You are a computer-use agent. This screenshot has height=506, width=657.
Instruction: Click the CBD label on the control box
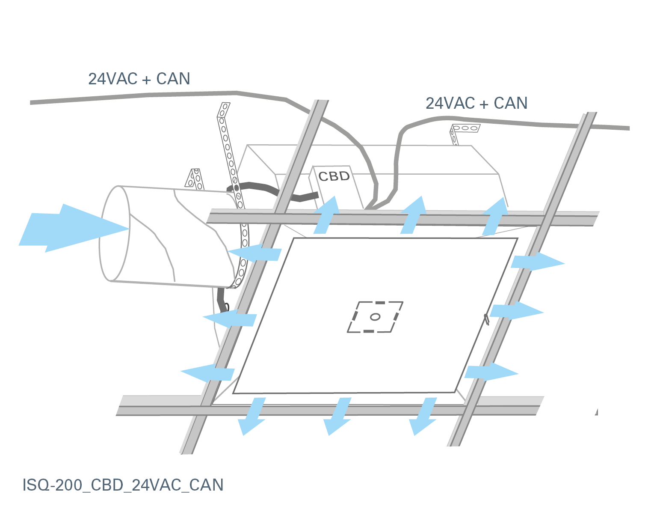tap(334, 176)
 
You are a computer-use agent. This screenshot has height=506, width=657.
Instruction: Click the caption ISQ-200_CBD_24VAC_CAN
tap(123, 485)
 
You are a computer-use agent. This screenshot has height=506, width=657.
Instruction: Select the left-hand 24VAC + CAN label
tap(139, 79)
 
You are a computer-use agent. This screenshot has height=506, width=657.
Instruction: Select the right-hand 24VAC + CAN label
tap(476, 103)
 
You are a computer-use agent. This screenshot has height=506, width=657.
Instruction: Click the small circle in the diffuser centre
tap(375, 317)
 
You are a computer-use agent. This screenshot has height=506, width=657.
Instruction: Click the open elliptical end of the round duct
tap(115, 234)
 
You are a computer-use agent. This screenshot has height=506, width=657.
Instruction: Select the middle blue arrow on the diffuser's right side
tap(515, 310)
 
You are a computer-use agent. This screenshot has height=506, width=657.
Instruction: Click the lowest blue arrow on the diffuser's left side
tap(209, 373)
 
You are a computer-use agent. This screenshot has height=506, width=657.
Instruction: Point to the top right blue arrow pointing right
tap(537, 261)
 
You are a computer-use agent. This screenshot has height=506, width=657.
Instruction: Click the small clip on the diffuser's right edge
tap(486, 319)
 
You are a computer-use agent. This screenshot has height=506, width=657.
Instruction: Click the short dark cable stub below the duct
tap(222, 300)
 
